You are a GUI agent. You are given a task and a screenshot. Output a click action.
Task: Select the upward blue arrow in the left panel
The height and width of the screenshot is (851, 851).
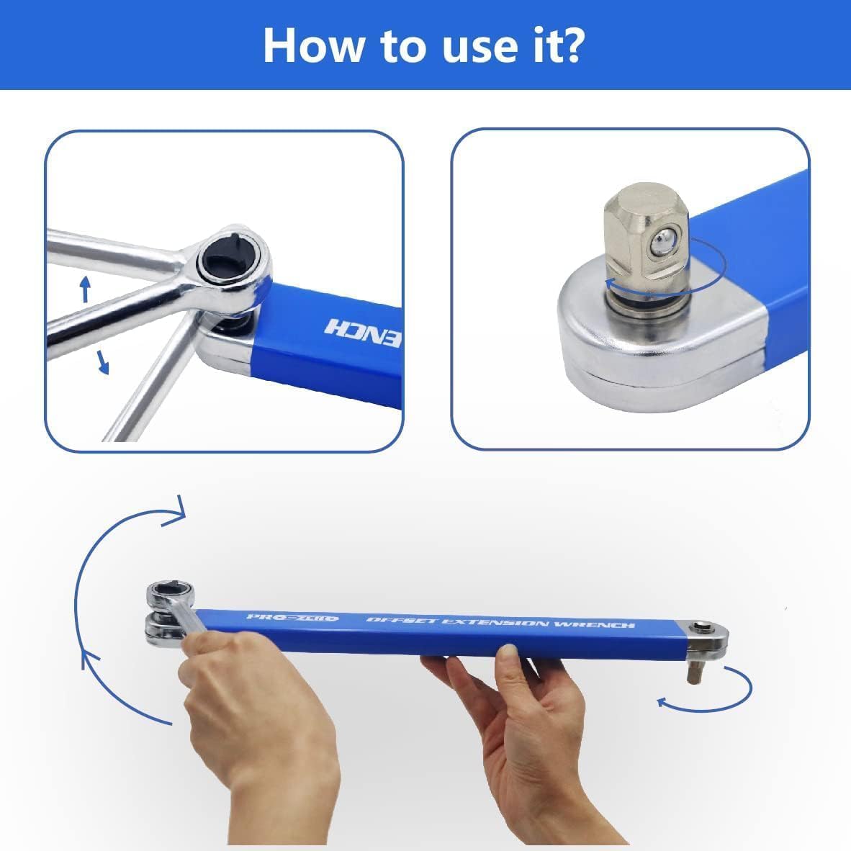pyautogui.click(x=85, y=288)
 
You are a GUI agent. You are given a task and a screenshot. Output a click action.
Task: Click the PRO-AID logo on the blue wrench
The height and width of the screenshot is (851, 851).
pyautogui.click(x=292, y=618)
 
